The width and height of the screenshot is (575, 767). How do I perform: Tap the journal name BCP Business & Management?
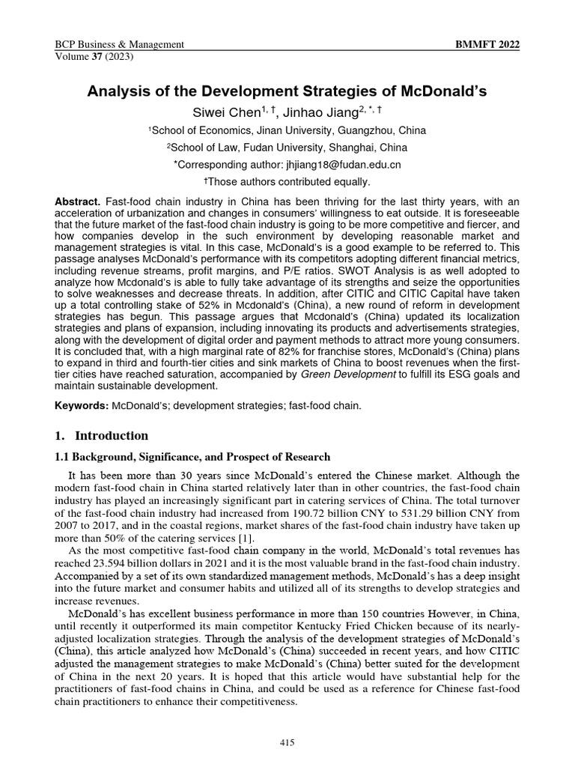[x=120, y=44]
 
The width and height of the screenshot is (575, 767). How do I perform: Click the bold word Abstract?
[x=77, y=204]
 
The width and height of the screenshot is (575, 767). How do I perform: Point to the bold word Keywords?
[x=82, y=406]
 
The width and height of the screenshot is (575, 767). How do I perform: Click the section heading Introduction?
[x=113, y=435]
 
